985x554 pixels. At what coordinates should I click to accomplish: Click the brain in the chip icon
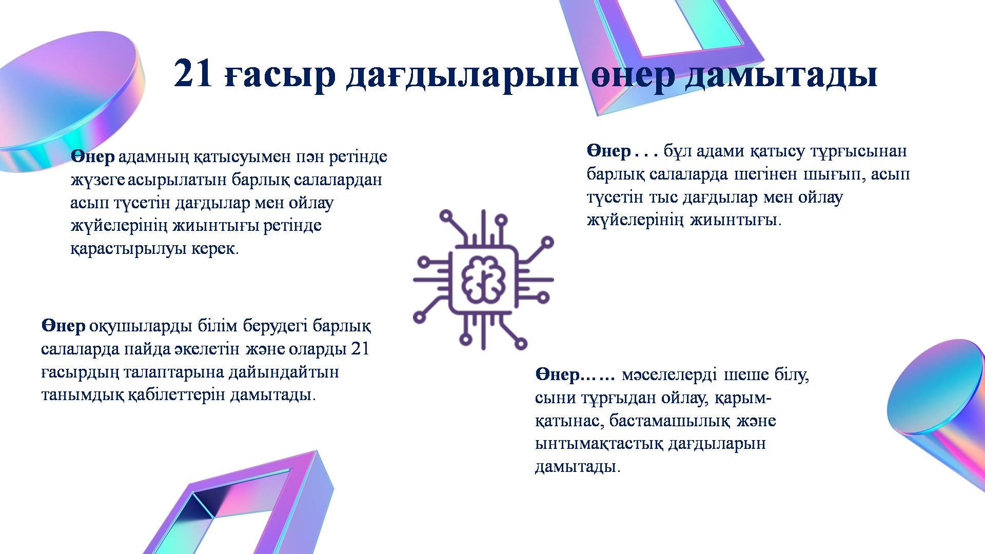pyautogui.click(x=483, y=280)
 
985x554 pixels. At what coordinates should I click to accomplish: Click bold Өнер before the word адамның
pyautogui.click(x=93, y=157)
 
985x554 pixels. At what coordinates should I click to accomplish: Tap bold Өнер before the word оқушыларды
pyautogui.click(x=63, y=326)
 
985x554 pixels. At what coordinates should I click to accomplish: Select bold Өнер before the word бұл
pyautogui.click(x=609, y=151)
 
